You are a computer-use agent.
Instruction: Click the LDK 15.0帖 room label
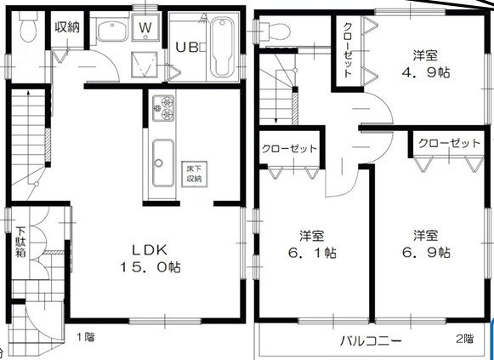coord(155,258)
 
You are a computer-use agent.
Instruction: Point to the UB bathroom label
coord(188,46)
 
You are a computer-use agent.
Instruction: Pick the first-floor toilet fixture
coord(26,31)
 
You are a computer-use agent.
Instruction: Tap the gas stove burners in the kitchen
coord(162,108)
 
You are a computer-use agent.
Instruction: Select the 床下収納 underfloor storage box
coord(194,173)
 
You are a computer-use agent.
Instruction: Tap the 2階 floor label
coord(463,338)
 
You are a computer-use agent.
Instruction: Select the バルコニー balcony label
coord(372,340)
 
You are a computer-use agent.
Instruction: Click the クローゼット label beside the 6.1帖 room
coord(289,148)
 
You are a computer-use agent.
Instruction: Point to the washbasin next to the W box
coord(111,33)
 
